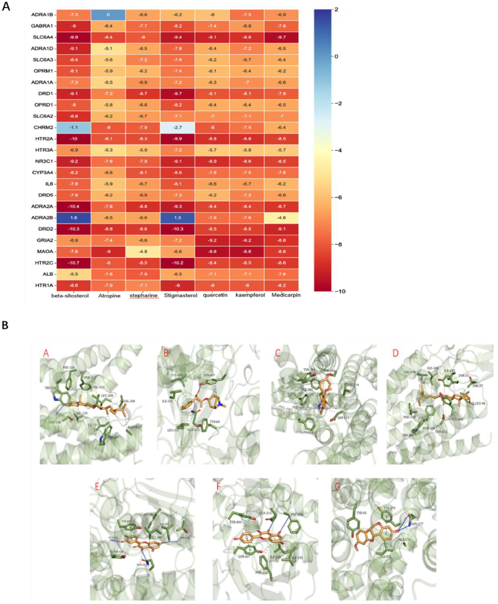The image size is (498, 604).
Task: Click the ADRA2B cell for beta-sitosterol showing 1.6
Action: [x=74, y=218]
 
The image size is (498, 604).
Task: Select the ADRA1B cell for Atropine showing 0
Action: [x=108, y=15]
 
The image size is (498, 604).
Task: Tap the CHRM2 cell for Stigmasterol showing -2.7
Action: [x=178, y=127]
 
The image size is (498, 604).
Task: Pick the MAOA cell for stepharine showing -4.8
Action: [x=143, y=252]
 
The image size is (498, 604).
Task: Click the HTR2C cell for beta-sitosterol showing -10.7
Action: [x=74, y=263]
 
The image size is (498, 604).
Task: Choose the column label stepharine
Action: [x=143, y=295]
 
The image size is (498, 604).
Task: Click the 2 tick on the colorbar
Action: [x=336, y=9]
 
